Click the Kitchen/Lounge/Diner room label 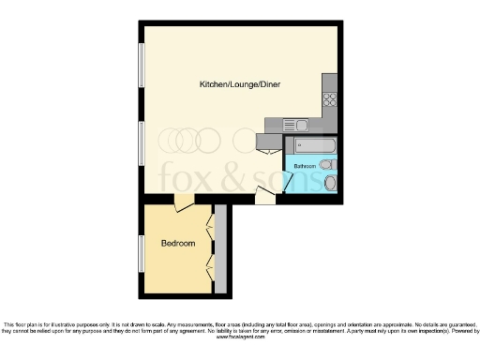240,84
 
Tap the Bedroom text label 178,243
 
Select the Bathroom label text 305,166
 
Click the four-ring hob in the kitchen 329,98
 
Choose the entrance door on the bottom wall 266,195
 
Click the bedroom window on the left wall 141,252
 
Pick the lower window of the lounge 141,146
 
